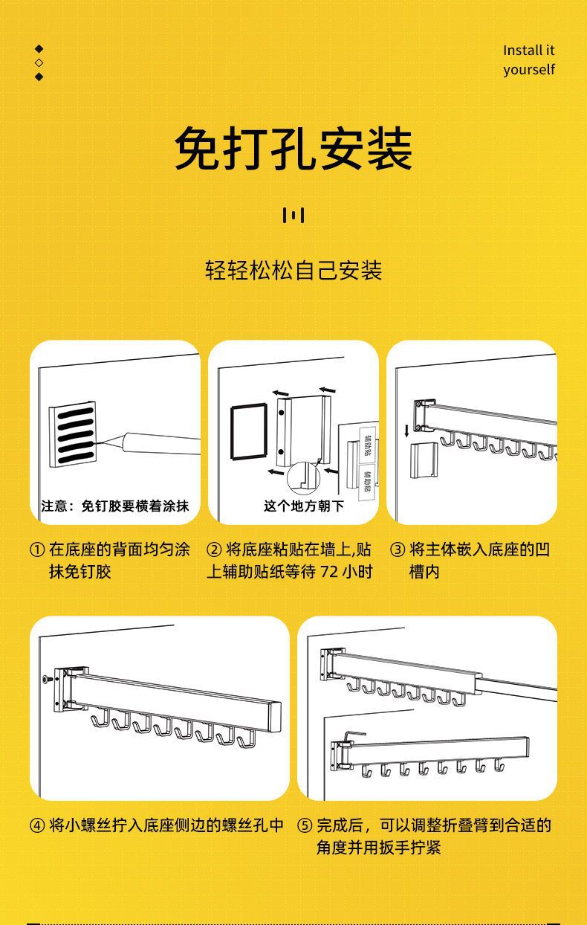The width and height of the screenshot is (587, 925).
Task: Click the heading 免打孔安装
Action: click(x=293, y=149)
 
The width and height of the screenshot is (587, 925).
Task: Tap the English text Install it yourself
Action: click(x=528, y=60)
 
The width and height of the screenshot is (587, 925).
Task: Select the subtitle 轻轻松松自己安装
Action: click(x=293, y=270)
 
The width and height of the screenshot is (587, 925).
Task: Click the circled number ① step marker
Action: click(x=37, y=550)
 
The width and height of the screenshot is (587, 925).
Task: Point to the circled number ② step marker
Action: click(x=214, y=550)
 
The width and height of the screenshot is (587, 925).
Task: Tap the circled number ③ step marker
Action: click(x=398, y=550)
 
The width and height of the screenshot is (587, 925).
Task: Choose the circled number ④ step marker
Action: click(x=37, y=825)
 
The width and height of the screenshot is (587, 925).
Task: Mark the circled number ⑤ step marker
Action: click(x=305, y=825)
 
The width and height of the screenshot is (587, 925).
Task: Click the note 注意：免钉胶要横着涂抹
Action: click(x=115, y=506)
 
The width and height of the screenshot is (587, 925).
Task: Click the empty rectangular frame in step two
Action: click(x=247, y=431)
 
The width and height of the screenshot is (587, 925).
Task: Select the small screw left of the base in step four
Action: click(x=47, y=680)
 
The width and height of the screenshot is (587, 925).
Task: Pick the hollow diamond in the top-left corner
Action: click(x=39, y=62)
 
